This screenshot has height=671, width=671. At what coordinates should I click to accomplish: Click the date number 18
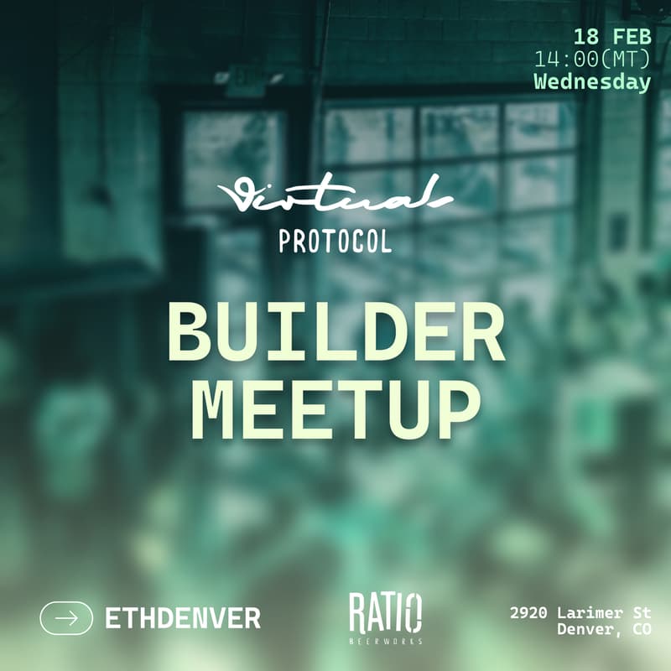(x=587, y=38)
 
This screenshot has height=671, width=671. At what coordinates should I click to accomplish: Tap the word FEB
(x=630, y=38)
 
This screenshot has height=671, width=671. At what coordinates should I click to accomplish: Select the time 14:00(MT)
(x=592, y=60)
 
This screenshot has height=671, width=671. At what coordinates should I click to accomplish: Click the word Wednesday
(x=592, y=82)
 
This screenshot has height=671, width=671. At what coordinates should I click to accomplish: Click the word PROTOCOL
(x=335, y=242)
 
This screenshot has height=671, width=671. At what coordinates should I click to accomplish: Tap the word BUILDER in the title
(x=335, y=333)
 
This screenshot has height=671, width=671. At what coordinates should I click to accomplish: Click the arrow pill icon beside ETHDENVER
(x=66, y=618)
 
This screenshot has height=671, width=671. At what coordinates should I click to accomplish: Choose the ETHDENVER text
(x=183, y=619)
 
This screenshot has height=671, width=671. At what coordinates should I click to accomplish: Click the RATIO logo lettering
(x=386, y=612)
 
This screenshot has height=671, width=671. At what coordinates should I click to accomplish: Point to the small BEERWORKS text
(x=386, y=642)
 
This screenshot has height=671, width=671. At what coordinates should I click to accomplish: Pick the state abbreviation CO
(x=641, y=630)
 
